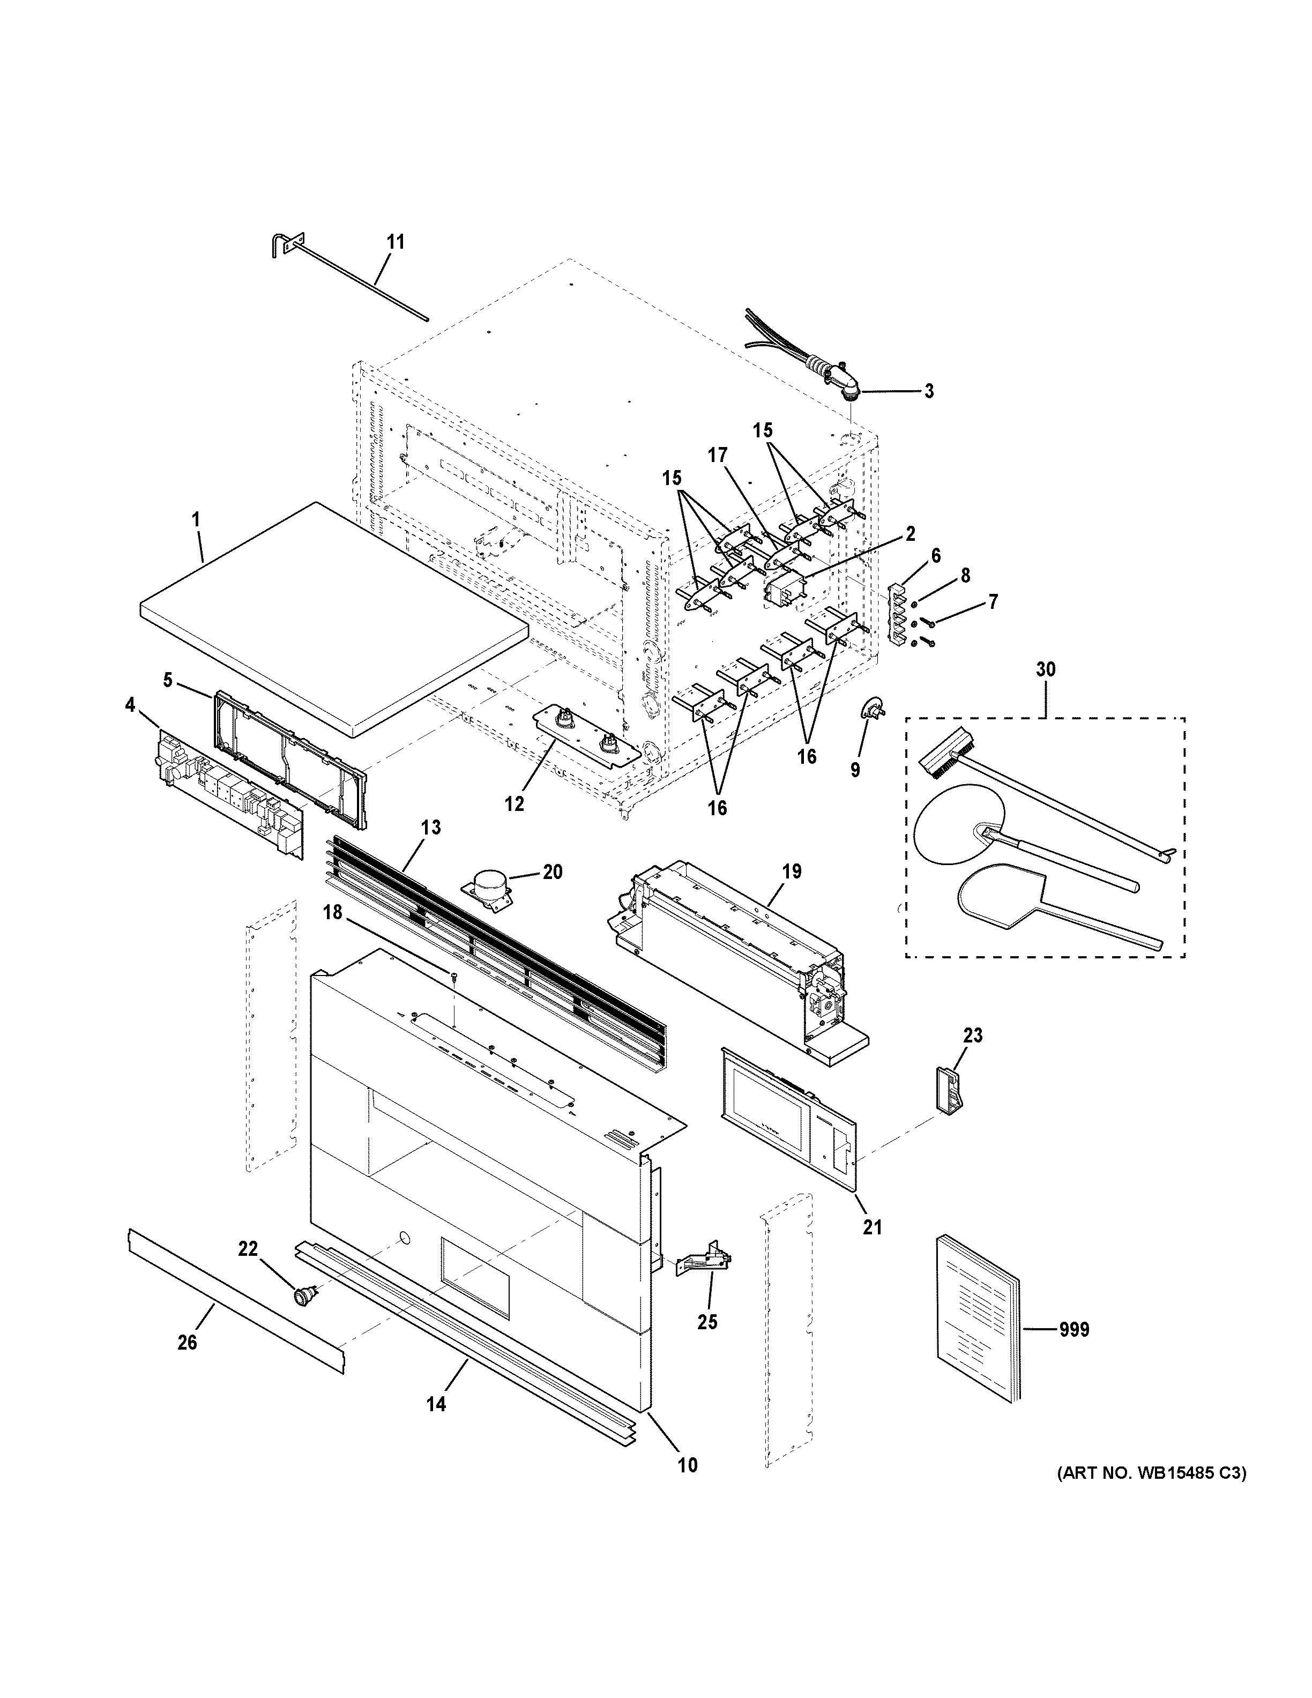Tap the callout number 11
pyautogui.click(x=396, y=242)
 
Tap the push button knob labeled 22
pyautogui.click(x=302, y=1294)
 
